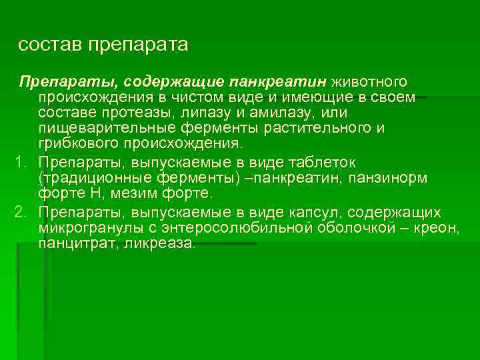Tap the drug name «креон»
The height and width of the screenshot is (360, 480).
click(435, 229)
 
